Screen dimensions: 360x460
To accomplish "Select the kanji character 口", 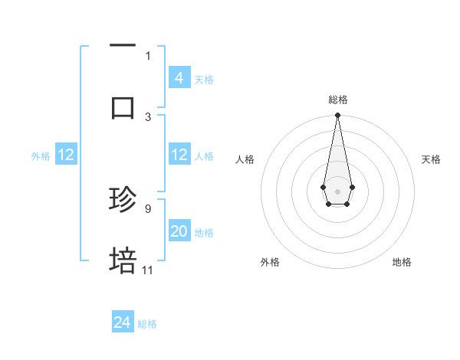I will coord(123,107).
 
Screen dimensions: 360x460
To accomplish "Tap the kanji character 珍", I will coord(123,200).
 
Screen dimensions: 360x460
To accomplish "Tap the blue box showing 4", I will coord(179,78).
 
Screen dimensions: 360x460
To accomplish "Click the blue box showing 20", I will coord(179,231).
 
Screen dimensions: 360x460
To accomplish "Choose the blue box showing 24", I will coord(123,323).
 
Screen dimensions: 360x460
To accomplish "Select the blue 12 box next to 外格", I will coord(66,155).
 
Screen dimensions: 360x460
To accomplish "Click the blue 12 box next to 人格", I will coord(179,155).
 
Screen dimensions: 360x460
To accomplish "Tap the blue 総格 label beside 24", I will coord(147,324).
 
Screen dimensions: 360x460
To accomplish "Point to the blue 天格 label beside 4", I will coord(204,79).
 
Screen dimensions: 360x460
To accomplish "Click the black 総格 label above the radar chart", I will coord(337,100).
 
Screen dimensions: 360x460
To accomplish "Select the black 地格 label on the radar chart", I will coord(402,263).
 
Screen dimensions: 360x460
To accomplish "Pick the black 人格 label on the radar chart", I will coord(245,159).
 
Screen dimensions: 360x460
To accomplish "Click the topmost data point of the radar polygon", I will coord(337,116).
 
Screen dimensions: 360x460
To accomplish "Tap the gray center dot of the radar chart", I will coord(337,190).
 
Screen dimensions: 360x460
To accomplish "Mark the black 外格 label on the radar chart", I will coord(270,263).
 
